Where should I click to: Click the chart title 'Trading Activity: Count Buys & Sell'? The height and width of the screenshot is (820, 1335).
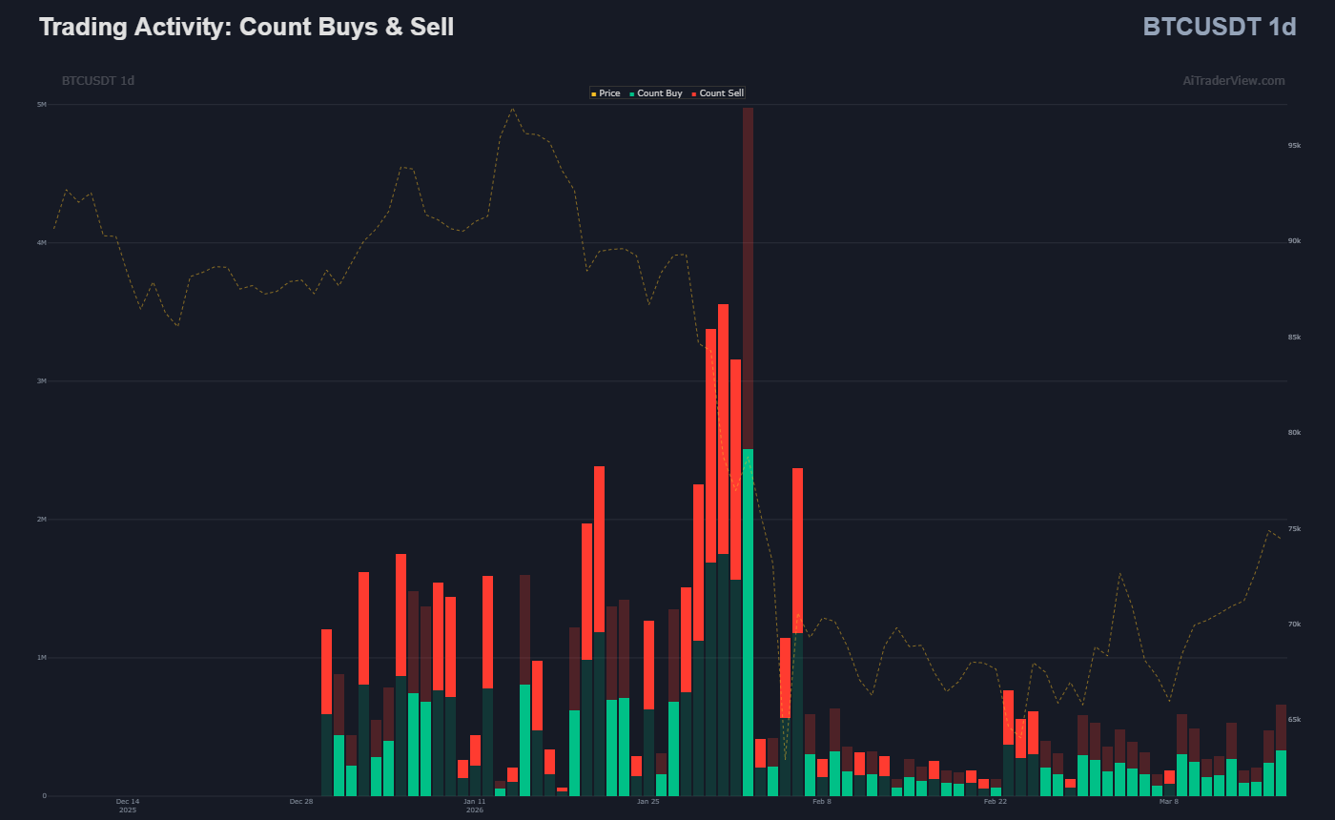[x=246, y=27]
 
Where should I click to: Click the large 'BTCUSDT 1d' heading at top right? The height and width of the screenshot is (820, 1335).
[x=1219, y=27]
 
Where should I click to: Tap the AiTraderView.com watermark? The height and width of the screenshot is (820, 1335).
[x=1233, y=81]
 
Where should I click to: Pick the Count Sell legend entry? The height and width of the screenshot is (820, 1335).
[x=721, y=93]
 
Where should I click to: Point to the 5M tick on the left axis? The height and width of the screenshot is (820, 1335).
[x=42, y=105]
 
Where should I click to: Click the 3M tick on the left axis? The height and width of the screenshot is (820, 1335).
[x=42, y=381]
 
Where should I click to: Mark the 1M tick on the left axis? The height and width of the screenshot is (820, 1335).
[x=42, y=658]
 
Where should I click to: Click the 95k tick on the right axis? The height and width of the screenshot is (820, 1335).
[x=1294, y=146]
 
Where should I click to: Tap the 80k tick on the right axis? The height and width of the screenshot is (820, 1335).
[x=1294, y=433]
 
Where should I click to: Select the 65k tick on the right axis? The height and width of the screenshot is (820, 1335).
[x=1294, y=720]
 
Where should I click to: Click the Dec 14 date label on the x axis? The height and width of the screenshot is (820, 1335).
[x=128, y=802]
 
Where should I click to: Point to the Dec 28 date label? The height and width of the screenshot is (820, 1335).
[x=301, y=802]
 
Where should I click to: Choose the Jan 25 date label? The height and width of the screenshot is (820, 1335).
[x=648, y=802]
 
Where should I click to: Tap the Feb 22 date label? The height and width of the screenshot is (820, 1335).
[x=996, y=802]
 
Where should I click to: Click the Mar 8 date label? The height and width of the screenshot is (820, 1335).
[x=1169, y=802]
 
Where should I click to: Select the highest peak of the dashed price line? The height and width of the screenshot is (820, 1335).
[x=512, y=108]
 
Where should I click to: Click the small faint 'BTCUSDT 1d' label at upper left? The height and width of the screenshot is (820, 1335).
[x=98, y=81]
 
